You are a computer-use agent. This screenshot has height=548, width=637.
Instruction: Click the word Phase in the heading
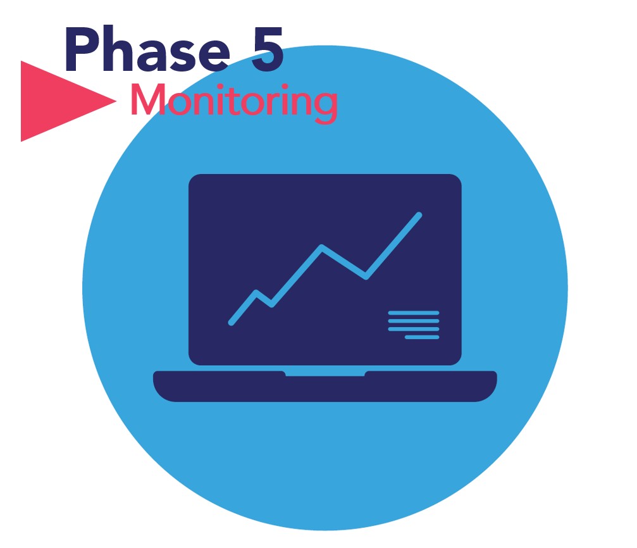(x=147, y=49)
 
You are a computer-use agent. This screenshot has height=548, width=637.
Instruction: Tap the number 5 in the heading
(x=267, y=49)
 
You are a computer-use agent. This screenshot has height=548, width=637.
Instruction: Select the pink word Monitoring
(x=234, y=102)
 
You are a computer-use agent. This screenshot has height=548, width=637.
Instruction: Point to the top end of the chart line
(x=419, y=215)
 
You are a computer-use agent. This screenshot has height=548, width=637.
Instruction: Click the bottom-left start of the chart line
(x=231, y=323)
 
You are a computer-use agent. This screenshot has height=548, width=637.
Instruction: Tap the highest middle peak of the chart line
(x=322, y=247)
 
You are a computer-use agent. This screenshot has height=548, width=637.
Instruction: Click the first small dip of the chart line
(x=272, y=304)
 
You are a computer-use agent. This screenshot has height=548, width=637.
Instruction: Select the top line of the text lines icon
(x=414, y=313)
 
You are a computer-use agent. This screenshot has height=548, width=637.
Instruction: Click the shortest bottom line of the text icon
(x=422, y=337)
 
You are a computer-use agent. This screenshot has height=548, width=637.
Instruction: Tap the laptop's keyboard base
(x=325, y=386)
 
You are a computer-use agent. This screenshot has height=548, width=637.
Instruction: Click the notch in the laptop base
(x=325, y=373)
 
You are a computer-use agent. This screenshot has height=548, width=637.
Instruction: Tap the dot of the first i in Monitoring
(x=220, y=87)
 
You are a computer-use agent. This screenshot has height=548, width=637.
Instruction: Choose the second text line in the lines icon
(x=414, y=321)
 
